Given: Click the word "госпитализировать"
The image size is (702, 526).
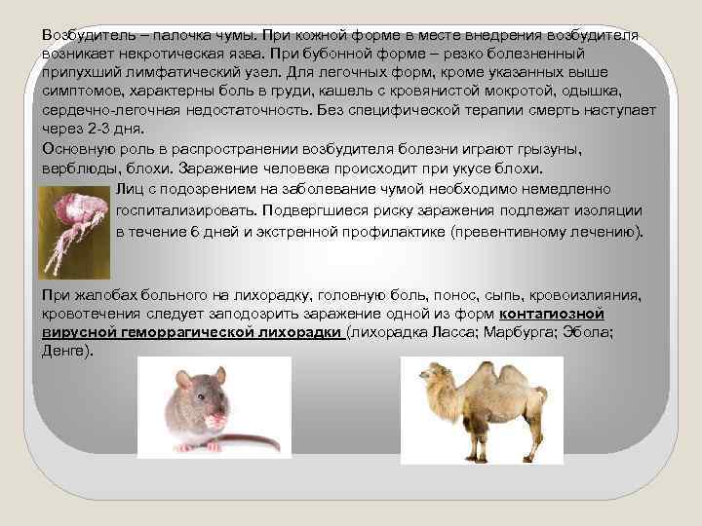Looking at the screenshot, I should click(x=181, y=209).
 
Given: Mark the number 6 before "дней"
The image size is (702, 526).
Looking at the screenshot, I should click(x=195, y=233).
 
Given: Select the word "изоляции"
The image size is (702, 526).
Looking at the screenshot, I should click(x=609, y=209).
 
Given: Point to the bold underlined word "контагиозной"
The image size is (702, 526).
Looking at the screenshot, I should click(x=552, y=314).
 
